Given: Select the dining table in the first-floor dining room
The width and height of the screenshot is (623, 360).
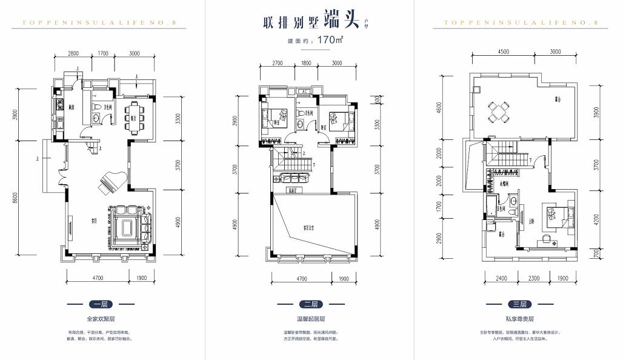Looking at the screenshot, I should [133, 114].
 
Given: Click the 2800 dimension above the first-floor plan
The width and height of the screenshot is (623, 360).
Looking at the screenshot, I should [73, 53].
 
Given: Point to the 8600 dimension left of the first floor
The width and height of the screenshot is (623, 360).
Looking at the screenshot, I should [16, 198].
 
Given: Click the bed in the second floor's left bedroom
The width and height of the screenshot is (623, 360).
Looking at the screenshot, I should [275, 116].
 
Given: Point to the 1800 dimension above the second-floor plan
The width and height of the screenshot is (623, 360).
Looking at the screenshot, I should [306, 62].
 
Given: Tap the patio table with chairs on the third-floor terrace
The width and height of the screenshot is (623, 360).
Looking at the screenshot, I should [501, 112].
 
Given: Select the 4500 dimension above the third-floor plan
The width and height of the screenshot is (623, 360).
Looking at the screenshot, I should [503, 52].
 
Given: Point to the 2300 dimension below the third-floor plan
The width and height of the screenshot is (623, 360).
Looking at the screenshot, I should [533, 278].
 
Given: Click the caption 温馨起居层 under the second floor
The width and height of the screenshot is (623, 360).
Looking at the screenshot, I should [310, 319].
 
